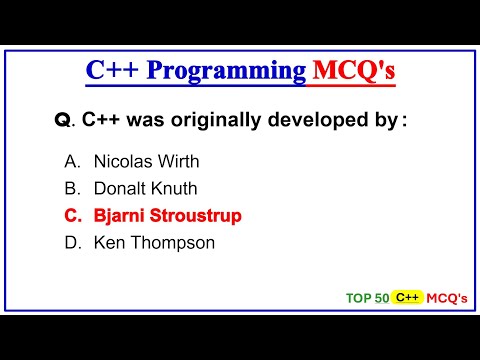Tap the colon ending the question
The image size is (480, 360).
(404, 122)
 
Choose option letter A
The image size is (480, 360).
(70, 160)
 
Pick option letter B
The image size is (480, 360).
(70, 187)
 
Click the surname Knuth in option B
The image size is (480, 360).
(175, 187)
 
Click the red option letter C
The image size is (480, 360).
(70, 215)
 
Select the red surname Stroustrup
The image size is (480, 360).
(196, 215)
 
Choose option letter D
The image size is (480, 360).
(70, 242)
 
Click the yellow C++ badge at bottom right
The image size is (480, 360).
(407, 297)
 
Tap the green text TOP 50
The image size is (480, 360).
(367, 298)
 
